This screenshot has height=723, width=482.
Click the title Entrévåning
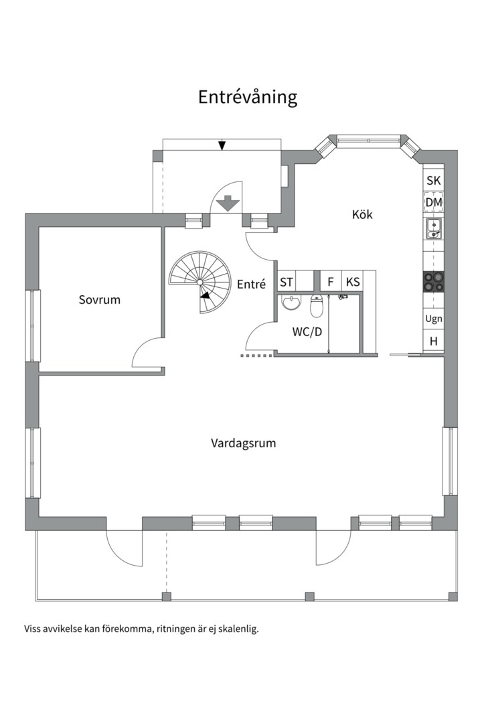coord(248,98)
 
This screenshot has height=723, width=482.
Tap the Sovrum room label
coord(100,300)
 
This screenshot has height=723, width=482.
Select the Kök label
coord(362,214)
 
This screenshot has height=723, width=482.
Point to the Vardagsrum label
coord(244,443)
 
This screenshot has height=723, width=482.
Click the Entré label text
coord(252,284)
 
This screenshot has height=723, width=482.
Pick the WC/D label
coord(307,331)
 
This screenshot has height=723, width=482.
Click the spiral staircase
coord(199,282)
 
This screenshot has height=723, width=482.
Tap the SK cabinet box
coord(434,180)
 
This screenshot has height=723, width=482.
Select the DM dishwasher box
coord(434,202)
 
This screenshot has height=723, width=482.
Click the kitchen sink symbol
coord(434,229)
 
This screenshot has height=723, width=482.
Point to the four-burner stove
coord(434,282)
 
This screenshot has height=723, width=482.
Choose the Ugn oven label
coord(434,319)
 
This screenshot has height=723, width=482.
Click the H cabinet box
coord(434,341)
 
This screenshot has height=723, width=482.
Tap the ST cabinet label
coord(287,282)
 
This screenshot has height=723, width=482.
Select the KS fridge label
coord(353,282)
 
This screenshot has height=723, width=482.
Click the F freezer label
coord(330,282)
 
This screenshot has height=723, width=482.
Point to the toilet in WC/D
coord(317,305)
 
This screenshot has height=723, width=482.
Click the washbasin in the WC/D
coord(291,303)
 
